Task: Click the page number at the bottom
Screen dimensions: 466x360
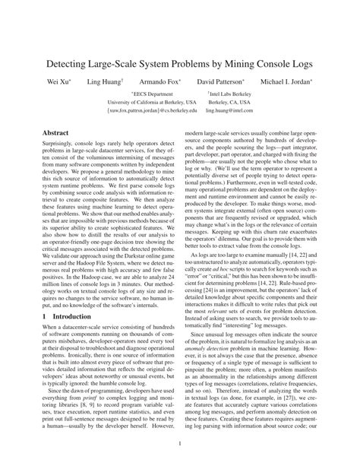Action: pyautogui.click(x=179, y=442)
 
